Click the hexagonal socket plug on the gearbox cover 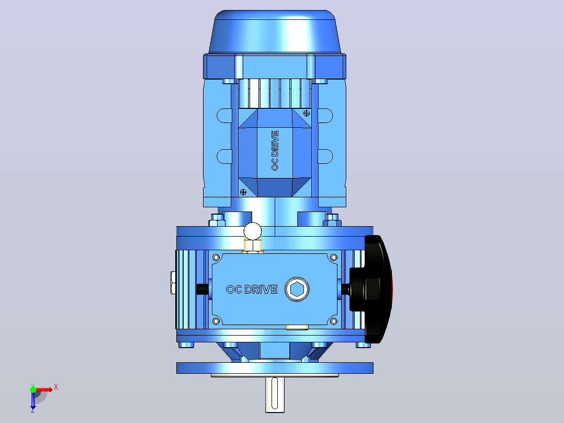(297, 289)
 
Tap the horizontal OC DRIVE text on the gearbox (252, 290)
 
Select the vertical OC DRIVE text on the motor (275, 150)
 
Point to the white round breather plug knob (253, 231)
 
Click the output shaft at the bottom (275, 394)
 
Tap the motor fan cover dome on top (275, 32)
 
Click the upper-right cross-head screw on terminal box (307, 114)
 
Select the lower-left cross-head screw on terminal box (243, 192)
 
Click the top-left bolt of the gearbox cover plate (216, 258)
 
